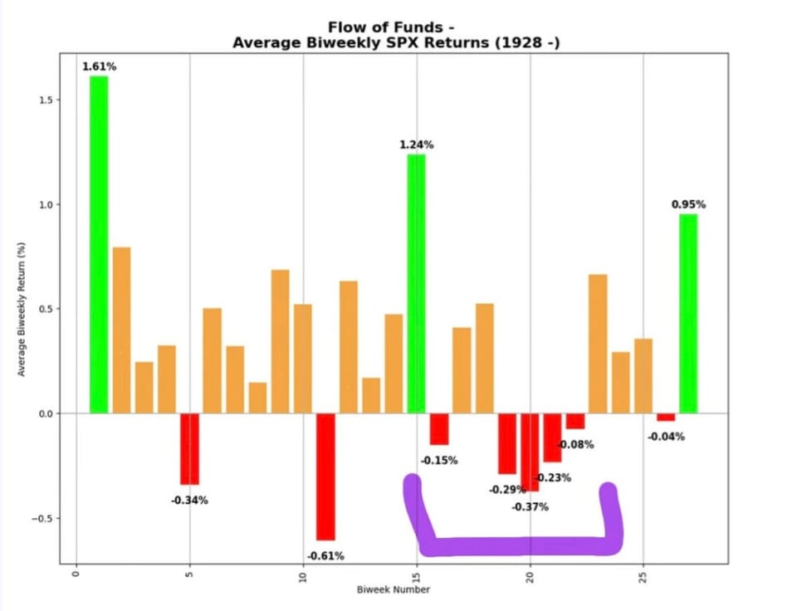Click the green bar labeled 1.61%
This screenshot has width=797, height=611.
coord(99,244)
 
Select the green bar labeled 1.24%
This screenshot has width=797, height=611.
coord(416,283)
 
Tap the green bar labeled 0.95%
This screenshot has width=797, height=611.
coord(688,313)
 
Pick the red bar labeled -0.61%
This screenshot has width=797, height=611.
coord(325,477)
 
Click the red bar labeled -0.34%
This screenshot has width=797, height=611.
coord(189,448)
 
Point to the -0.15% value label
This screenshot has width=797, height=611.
coord(438,461)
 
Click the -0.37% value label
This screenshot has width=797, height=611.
coord(530,507)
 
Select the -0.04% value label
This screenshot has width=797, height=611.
coord(666,437)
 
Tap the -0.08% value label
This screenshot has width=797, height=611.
coord(575,445)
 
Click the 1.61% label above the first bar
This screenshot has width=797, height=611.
coord(99,66)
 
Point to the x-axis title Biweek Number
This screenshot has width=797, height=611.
coord(394,590)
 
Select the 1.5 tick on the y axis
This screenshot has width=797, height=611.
coord(45,100)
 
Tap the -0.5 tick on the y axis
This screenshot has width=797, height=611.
coord(42,518)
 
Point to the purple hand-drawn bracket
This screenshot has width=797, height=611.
coord(515,545)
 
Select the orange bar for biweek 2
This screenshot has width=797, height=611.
coord(121,330)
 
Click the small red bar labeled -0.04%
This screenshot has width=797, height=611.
coord(666,417)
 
